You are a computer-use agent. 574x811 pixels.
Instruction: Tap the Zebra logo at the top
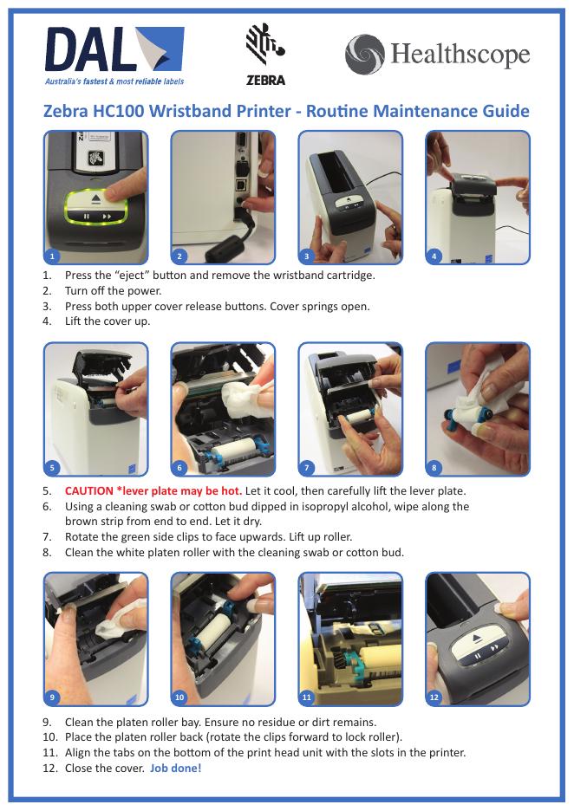coord(265,54)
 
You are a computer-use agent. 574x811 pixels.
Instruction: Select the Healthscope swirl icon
coord(365,55)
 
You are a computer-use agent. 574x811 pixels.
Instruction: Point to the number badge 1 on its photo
coord(52,256)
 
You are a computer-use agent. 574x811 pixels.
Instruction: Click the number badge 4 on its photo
coord(434,256)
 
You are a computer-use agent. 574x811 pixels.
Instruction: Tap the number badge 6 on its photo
coord(179,468)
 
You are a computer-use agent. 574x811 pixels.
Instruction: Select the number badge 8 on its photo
coord(434,468)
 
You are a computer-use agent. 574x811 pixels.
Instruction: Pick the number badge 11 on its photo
coord(306,697)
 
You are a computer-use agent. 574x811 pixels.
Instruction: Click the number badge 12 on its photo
coord(434,697)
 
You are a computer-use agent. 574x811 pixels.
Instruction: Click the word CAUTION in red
coord(89,490)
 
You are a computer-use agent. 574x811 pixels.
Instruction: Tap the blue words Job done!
coord(175,768)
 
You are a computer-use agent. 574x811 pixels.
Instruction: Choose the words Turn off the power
coord(114,290)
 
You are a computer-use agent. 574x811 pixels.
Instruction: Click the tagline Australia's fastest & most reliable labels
coord(114,81)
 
